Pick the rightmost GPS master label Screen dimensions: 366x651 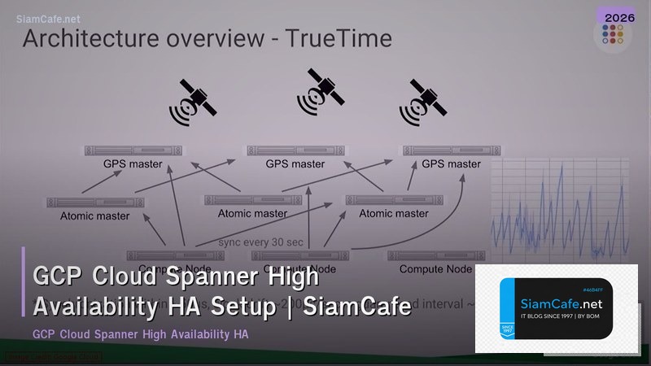pyautogui.click(x=451, y=163)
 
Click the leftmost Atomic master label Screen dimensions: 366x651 pyautogui.click(x=94, y=216)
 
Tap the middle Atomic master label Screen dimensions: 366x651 pyautogui.click(x=252, y=213)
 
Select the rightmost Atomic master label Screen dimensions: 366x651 pyautogui.click(x=394, y=213)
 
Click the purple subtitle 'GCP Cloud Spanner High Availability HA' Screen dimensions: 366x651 pyautogui.click(x=140, y=334)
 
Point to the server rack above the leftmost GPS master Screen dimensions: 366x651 pyautogui.click(x=133, y=150)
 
